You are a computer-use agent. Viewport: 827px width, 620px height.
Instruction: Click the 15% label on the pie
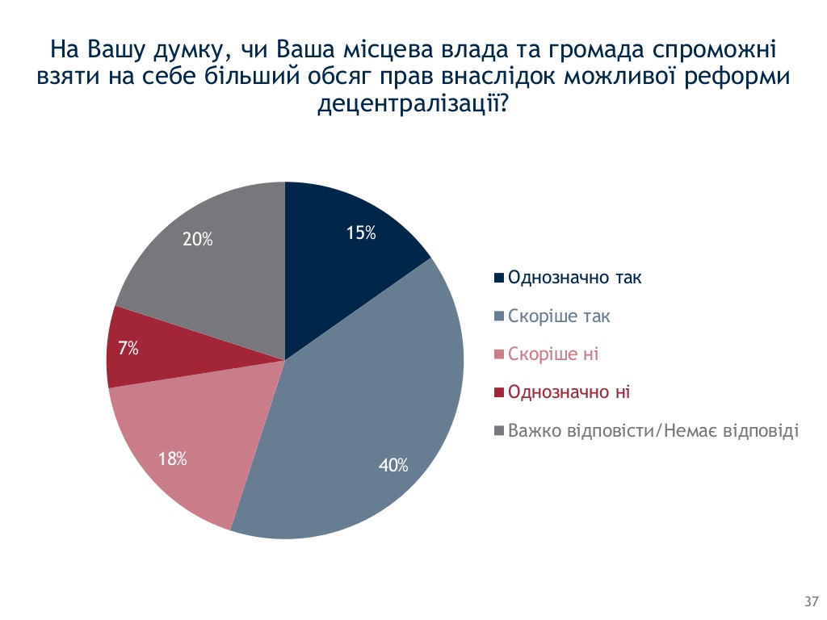click(361, 232)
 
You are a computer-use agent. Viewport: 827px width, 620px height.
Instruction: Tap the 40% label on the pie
click(393, 465)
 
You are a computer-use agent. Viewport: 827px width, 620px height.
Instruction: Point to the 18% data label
click(173, 459)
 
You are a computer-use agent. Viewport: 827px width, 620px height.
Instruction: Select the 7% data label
click(128, 348)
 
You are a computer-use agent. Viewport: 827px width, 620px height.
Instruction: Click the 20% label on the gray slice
click(198, 239)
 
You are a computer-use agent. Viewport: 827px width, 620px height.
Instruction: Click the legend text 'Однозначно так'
click(575, 278)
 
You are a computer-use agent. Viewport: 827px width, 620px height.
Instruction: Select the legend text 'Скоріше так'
click(559, 316)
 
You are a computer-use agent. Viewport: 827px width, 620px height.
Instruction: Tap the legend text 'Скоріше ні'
click(553, 354)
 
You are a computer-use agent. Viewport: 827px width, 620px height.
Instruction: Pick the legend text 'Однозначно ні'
click(569, 393)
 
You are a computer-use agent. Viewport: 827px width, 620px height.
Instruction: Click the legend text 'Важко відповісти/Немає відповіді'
click(653, 431)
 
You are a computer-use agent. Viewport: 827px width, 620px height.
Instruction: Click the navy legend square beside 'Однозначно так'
click(499, 278)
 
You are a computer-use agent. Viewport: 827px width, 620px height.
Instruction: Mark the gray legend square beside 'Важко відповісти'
click(499, 431)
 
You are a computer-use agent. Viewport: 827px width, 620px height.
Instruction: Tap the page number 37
click(812, 601)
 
